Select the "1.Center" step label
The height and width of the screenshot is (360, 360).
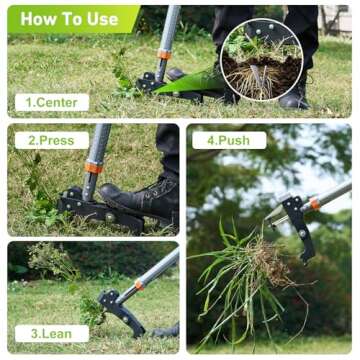51,102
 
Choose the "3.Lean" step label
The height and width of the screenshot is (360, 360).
51,333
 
